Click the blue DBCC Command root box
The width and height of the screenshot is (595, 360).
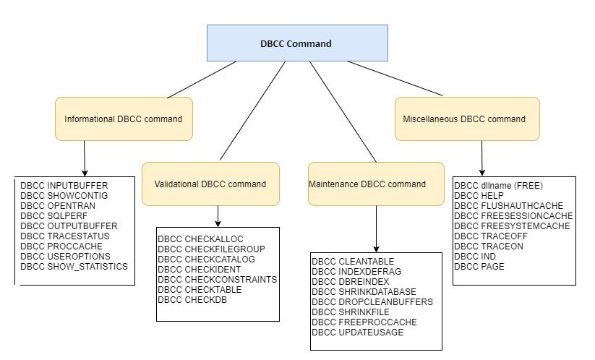point(296,43)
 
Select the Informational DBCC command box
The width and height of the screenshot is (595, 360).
point(124,119)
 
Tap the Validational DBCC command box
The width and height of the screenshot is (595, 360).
point(210,184)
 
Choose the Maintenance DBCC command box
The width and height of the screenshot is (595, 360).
point(367,184)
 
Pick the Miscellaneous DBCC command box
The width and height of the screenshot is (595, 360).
point(467,119)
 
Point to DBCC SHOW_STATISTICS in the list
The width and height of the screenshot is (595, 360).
point(74,267)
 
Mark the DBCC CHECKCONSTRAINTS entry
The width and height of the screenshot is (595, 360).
point(217,279)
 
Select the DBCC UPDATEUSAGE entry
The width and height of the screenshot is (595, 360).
point(358,332)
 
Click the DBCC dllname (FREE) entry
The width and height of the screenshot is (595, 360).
point(498,185)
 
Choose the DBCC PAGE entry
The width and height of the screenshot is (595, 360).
point(479,266)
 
